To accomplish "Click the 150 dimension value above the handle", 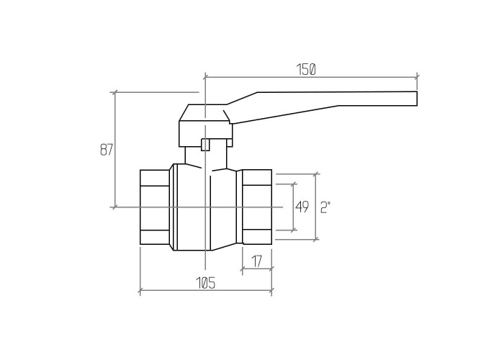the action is tap(306, 69).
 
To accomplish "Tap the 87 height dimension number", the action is tap(107, 150).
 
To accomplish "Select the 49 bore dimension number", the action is tap(302, 207).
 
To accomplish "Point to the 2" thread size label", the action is tap(325, 207).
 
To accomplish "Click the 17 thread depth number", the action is tap(256, 261).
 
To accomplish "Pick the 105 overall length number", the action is tap(205, 283).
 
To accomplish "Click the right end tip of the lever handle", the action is tap(417, 99).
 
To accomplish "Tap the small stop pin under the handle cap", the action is tap(204, 144).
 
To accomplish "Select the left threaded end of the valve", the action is tap(155, 207).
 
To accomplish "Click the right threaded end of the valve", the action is tap(257, 207).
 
